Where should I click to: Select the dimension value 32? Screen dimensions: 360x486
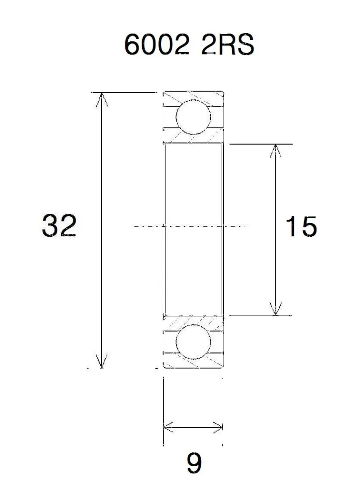59,225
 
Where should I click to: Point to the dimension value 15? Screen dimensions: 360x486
301,226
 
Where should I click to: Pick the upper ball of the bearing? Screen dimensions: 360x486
193,117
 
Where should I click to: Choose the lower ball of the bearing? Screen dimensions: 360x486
193,342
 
